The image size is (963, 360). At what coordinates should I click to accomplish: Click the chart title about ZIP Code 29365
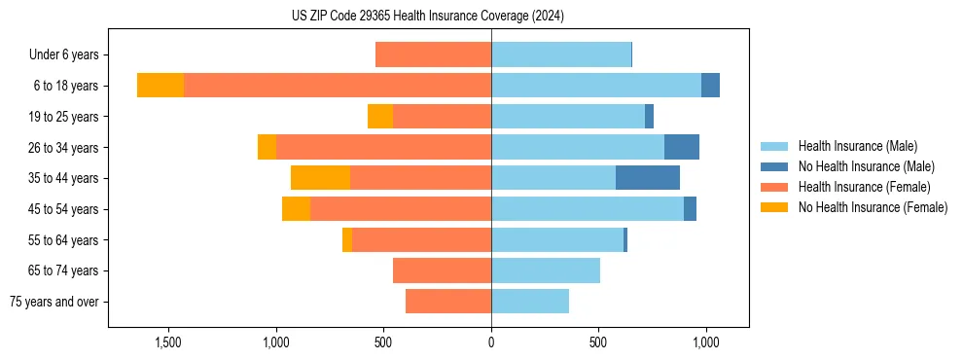427,17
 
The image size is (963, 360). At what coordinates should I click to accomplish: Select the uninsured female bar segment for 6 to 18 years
160,86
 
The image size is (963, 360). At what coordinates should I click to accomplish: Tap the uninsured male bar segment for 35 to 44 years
648,178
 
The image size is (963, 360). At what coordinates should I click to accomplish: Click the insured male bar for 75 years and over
530,302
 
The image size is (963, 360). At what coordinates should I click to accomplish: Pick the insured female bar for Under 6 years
433,54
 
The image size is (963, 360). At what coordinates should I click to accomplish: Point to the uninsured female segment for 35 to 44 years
320,178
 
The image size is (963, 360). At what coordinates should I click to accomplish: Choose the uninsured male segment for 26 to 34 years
682,147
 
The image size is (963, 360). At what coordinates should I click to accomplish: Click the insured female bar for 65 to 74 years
442,270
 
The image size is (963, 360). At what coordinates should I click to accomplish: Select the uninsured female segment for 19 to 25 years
380,117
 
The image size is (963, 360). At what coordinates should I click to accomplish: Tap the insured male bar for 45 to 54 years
588,209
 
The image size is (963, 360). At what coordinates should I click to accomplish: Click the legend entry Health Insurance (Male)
857,146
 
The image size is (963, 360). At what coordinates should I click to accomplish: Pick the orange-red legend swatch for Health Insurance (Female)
774,187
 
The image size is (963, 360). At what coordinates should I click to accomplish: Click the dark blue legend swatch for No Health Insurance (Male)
774,166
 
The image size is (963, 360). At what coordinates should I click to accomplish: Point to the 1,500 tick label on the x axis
169,342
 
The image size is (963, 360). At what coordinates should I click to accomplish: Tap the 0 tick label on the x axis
491,342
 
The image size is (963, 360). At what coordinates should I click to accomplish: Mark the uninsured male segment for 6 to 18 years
710,86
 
